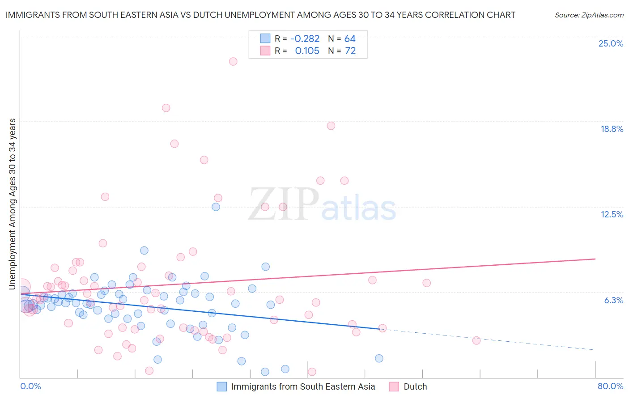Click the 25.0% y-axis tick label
(x=611, y=44)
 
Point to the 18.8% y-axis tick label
(x=612, y=129)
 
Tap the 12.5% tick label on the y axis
(x=612, y=215)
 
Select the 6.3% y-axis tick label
(x=613, y=301)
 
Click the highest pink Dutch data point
(x=233, y=62)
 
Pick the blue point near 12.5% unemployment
(x=216, y=207)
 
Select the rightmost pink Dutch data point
(x=476, y=340)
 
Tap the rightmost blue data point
(x=379, y=358)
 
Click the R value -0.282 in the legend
(x=305, y=39)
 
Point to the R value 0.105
(x=307, y=51)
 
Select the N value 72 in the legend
(x=350, y=51)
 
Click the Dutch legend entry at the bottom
(x=415, y=387)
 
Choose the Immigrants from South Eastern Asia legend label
(x=303, y=387)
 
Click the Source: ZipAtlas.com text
(x=589, y=15)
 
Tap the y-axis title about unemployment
(x=13, y=204)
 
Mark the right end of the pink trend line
(x=595, y=259)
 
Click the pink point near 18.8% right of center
(x=331, y=126)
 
